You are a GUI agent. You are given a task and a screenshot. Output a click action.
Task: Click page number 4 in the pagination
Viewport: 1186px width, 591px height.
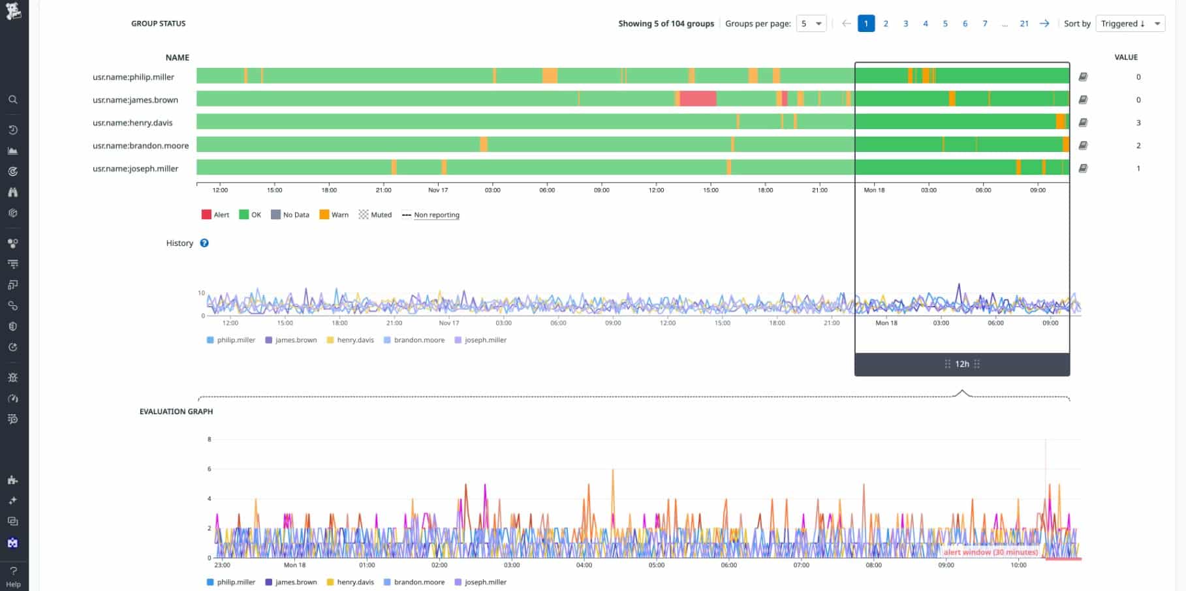click(925, 23)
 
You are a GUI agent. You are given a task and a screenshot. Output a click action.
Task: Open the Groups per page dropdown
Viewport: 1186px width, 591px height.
click(811, 23)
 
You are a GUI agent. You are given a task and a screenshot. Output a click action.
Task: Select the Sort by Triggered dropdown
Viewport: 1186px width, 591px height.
click(1130, 23)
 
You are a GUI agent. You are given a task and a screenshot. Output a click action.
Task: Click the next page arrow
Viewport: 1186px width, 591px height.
click(1044, 23)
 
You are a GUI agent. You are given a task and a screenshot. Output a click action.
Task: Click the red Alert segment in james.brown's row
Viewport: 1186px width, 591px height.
click(698, 99)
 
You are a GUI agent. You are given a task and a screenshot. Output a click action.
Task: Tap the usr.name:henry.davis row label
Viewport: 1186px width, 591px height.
click(132, 123)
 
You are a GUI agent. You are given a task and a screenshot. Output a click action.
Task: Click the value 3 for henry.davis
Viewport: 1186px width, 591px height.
click(1138, 123)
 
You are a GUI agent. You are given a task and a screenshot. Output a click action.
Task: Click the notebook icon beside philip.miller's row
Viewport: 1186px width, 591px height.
click(1083, 77)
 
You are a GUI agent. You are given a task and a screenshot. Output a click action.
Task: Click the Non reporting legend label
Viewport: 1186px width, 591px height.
click(436, 215)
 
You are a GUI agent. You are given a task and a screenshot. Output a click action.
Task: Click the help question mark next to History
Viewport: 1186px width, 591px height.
click(204, 243)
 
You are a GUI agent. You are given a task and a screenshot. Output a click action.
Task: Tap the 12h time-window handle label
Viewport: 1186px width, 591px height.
click(962, 364)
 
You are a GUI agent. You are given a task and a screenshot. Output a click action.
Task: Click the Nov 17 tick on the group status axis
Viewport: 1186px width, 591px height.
click(438, 190)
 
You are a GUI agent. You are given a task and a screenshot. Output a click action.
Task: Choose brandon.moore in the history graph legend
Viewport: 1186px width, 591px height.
click(418, 340)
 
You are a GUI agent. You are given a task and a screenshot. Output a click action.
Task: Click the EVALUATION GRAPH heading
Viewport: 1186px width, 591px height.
click(176, 412)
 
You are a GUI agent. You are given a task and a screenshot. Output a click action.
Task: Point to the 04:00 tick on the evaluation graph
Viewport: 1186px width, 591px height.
click(584, 565)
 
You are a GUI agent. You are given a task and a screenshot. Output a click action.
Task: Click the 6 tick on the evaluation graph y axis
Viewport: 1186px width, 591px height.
click(210, 469)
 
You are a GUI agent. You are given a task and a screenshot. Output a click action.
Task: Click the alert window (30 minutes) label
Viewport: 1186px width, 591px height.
click(990, 552)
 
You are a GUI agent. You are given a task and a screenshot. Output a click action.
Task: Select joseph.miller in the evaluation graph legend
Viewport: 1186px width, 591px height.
click(485, 582)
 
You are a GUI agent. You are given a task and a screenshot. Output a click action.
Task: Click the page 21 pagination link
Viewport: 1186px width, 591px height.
click(1024, 23)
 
